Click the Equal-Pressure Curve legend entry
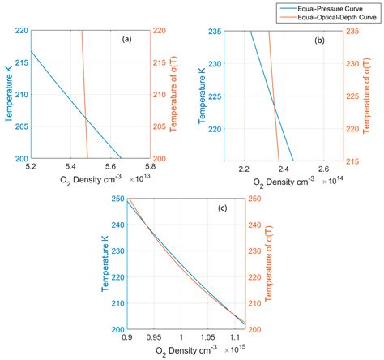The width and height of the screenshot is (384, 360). [333, 6]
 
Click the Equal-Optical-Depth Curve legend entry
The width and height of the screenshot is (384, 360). [339, 15]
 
